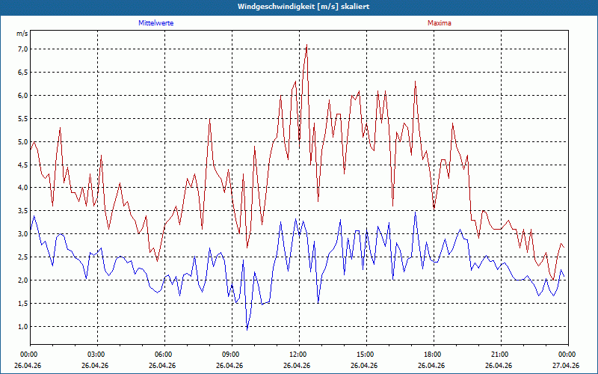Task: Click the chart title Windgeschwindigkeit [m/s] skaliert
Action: (303, 7)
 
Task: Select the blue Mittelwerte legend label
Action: (156, 23)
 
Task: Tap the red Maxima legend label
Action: (440, 23)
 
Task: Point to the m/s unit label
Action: (22, 34)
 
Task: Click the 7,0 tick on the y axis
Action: (22, 49)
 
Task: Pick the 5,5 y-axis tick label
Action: (22, 119)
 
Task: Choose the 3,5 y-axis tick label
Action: (22, 211)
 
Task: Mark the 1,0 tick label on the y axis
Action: (22, 326)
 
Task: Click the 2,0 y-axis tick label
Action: (22, 280)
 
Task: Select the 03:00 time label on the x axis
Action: (98, 355)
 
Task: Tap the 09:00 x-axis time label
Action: (232, 355)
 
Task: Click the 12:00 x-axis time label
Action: (300, 355)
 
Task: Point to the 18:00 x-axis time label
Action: (434, 355)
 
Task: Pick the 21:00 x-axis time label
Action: (501, 355)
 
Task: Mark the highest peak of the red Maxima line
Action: (306, 45)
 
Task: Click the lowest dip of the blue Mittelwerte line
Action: (247, 330)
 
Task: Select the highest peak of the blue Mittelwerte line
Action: (416, 212)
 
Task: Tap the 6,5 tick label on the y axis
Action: (22, 72)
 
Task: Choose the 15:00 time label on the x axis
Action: (366, 355)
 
